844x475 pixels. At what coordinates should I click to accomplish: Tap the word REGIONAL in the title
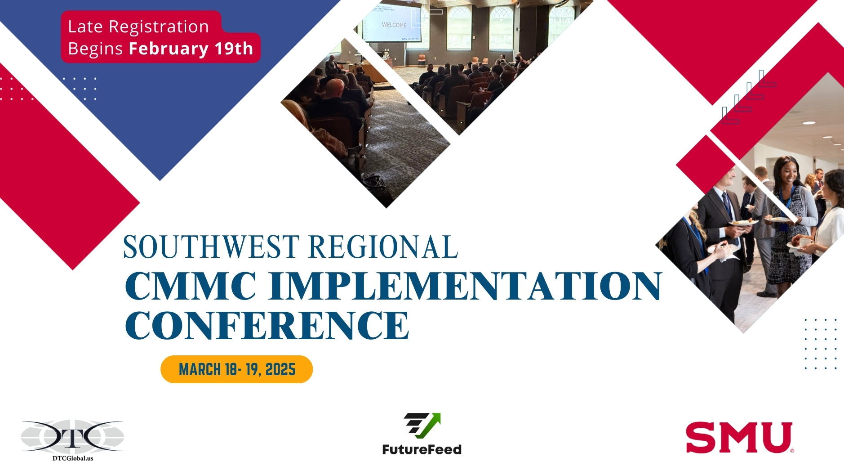pos(384,247)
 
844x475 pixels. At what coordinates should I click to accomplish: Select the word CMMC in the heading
pos(191,286)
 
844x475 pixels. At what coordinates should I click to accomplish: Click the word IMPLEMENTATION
pos(465,286)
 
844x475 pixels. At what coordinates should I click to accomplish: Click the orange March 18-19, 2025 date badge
pos(236,369)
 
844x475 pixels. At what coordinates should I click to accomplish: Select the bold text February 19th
pos(191,49)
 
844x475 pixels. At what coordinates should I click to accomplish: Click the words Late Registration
pos(138,27)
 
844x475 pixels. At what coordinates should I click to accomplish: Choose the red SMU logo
pos(739,437)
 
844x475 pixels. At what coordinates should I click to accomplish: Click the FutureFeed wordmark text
pos(422,449)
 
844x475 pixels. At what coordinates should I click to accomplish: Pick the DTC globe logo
pos(72,435)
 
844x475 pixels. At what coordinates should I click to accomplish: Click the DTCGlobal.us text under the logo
pos(73,458)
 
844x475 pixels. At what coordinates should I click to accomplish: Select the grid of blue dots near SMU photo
pos(820,344)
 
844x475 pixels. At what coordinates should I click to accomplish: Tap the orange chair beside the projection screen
pos(422,60)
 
